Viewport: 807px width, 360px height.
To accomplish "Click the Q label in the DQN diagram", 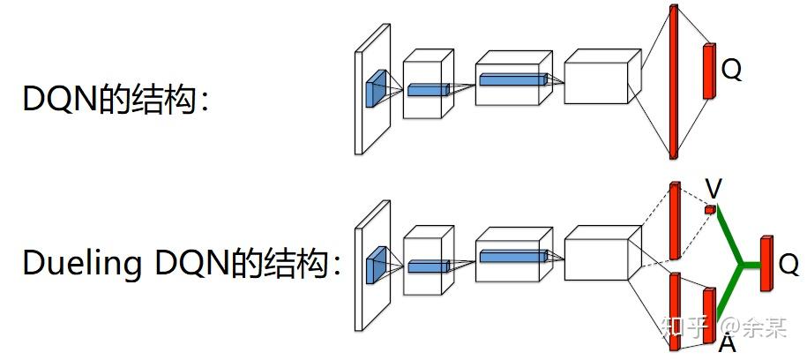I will (731, 70).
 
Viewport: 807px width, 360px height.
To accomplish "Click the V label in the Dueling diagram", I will (714, 188).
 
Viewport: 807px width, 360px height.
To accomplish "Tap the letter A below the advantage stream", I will (728, 342).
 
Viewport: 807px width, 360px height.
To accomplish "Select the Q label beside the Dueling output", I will (788, 265).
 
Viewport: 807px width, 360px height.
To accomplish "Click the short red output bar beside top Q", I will (707, 70).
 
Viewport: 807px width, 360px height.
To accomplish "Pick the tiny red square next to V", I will (708, 210).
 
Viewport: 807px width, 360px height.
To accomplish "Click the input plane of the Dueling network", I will (371, 265).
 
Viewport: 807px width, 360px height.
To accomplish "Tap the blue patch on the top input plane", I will (377, 86).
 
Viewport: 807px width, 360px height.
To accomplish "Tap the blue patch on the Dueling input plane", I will (377, 263).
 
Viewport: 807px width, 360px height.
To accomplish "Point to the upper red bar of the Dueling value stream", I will (675, 221).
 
